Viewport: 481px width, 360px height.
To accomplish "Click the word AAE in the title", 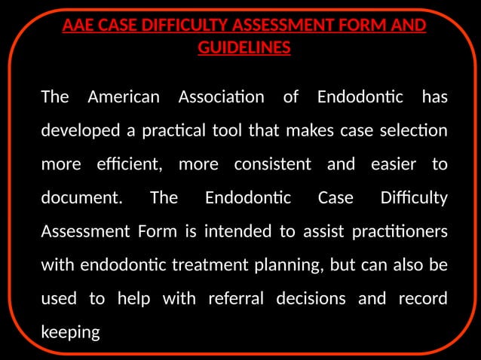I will (x=78, y=26).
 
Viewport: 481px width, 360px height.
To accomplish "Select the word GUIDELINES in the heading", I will (x=244, y=48).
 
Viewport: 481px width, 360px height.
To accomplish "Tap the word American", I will (x=124, y=97).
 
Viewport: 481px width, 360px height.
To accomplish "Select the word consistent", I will (x=272, y=164).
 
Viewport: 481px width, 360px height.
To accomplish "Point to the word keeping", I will (x=70, y=332).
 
